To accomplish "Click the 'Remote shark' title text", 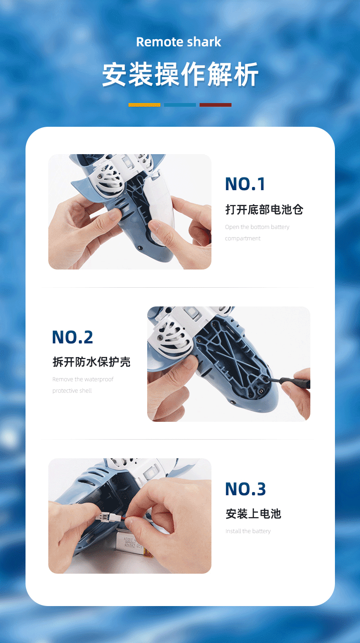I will pos(179,42).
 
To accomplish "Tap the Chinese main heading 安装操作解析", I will pos(180,74).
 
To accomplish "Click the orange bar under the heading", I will pos(144,105).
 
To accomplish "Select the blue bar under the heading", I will pos(180,105).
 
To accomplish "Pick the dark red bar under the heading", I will pos(216,105).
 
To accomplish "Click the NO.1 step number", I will pos(245,184).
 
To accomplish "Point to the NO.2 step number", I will pos(72,337).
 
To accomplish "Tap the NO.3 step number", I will pos(245,489).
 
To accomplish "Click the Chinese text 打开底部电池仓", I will pos(264,210).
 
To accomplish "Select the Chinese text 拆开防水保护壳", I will pos(92,362).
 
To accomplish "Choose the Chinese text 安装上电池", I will pos(253,514).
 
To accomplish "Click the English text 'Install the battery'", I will pos(248,531).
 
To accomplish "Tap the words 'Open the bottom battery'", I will pos(257,227).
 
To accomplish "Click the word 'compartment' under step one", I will pos(243,239).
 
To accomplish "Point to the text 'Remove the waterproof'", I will pos(83,379).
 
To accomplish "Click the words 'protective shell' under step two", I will pos(72,391).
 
